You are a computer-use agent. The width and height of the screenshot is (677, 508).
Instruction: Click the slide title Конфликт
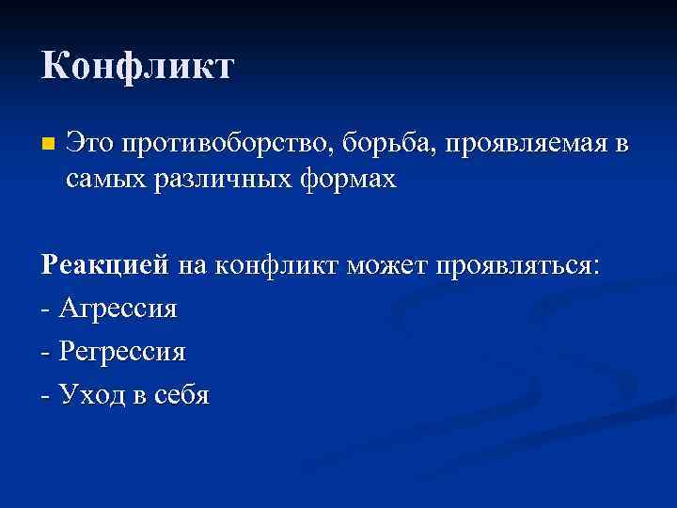(137, 67)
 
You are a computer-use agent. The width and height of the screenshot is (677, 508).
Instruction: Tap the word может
(386, 266)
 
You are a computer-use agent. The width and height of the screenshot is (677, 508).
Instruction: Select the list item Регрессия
(122, 352)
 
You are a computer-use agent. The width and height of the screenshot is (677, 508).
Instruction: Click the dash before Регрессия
(46, 353)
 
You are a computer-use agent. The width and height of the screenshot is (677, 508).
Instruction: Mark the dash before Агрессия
(46, 310)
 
